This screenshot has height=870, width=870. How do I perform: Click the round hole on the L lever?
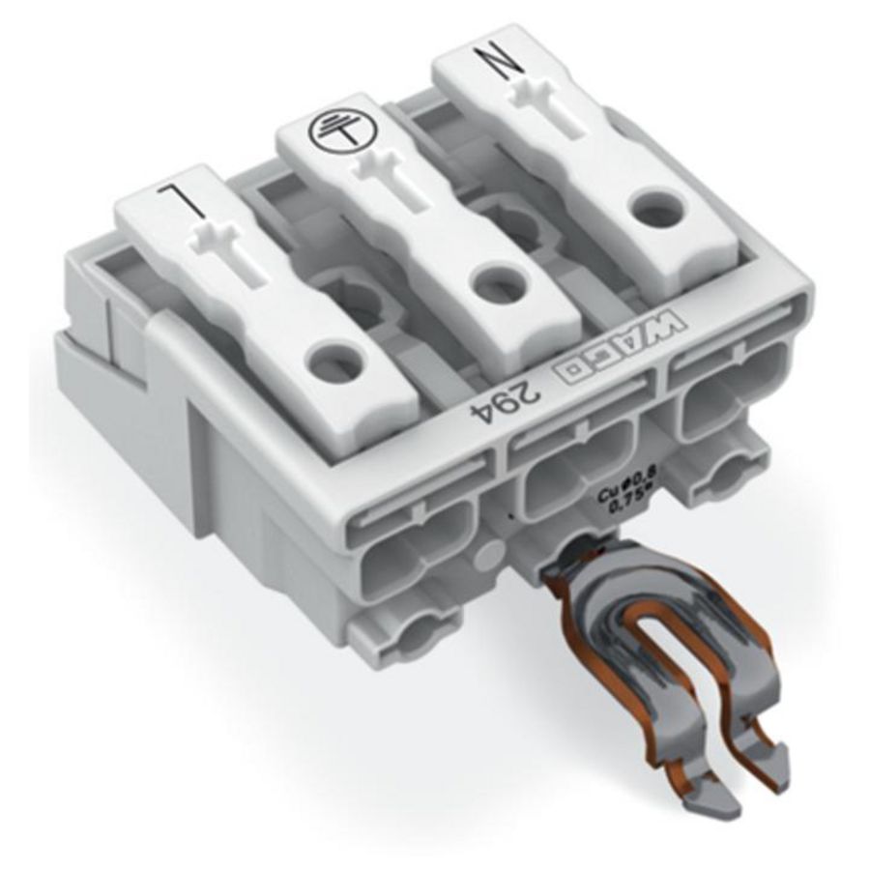(333, 362)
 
